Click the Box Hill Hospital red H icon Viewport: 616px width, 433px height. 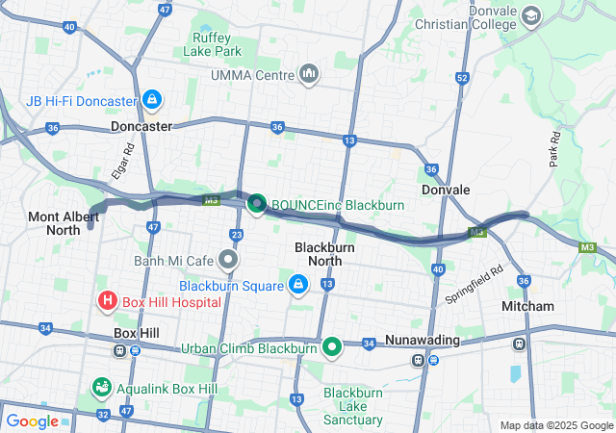tap(107, 302)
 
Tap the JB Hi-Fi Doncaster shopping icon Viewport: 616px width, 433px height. tap(151, 100)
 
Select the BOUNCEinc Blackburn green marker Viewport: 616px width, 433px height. tap(257, 204)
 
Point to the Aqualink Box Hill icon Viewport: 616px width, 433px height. tap(100, 388)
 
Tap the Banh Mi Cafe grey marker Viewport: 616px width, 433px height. tap(228, 260)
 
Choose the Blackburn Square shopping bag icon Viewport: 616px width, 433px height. tap(298, 285)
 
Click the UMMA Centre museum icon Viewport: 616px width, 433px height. tap(309, 74)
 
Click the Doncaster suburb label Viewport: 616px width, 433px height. tap(141, 126)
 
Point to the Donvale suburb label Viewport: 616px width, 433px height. tap(446, 191)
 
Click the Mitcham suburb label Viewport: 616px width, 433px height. tap(527, 306)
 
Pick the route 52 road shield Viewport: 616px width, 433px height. tap(463, 77)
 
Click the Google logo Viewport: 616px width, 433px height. tap(32, 420)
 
